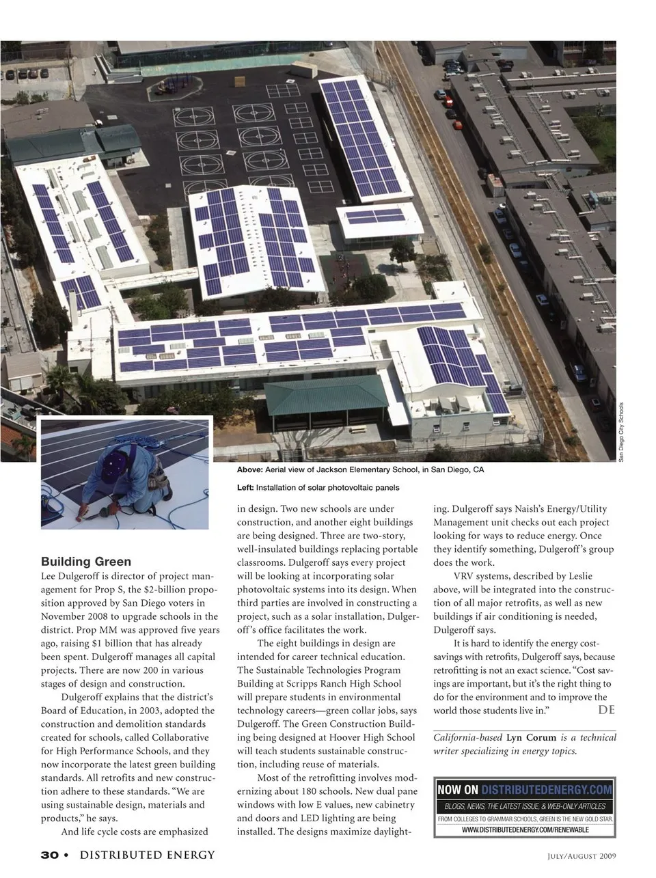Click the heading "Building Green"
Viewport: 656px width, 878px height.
(x=86, y=562)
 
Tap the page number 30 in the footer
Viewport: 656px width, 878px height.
(x=49, y=855)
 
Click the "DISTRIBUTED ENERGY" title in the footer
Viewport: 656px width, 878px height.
(x=148, y=855)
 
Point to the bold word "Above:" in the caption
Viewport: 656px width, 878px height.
(x=250, y=470)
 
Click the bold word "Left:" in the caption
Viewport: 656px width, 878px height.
(x=245, y=488)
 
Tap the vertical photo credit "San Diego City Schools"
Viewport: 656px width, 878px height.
(x=621, y=430)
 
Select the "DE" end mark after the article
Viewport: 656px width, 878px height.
(x=606, y=710)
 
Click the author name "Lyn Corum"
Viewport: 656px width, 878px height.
(x=531, y=738)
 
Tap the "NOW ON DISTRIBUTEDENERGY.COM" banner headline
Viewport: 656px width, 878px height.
(x=524, y=790)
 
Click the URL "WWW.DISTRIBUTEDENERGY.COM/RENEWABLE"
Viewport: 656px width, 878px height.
(x=525, y=829)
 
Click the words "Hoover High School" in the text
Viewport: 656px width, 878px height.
(x=372, y=737)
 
